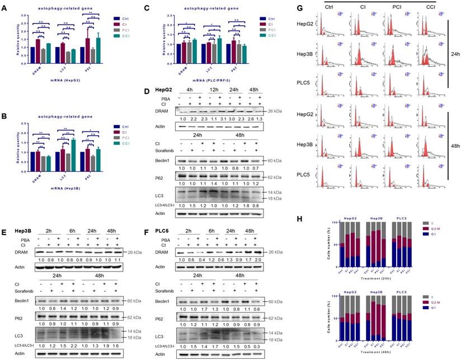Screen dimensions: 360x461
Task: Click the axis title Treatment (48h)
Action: [392, 348]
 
